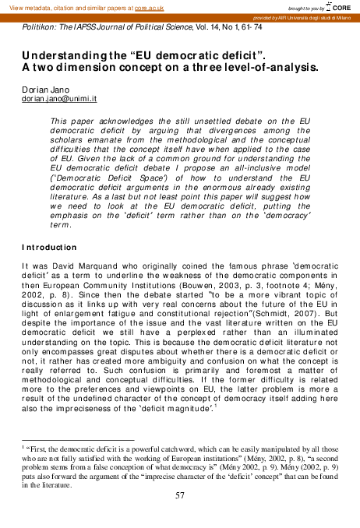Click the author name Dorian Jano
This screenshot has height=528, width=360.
pyautogui.click(x=42, y=91)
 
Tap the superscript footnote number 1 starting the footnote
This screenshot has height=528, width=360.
pyautogui.click(x=23, y=447)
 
